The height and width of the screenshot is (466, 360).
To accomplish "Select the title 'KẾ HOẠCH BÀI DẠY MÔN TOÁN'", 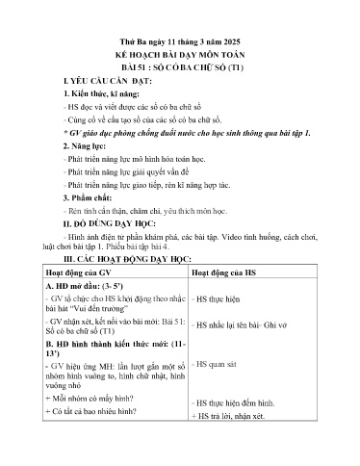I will coord(180,31).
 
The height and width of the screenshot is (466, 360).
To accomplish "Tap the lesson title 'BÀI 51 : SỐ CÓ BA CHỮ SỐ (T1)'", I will coord(180,44).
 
